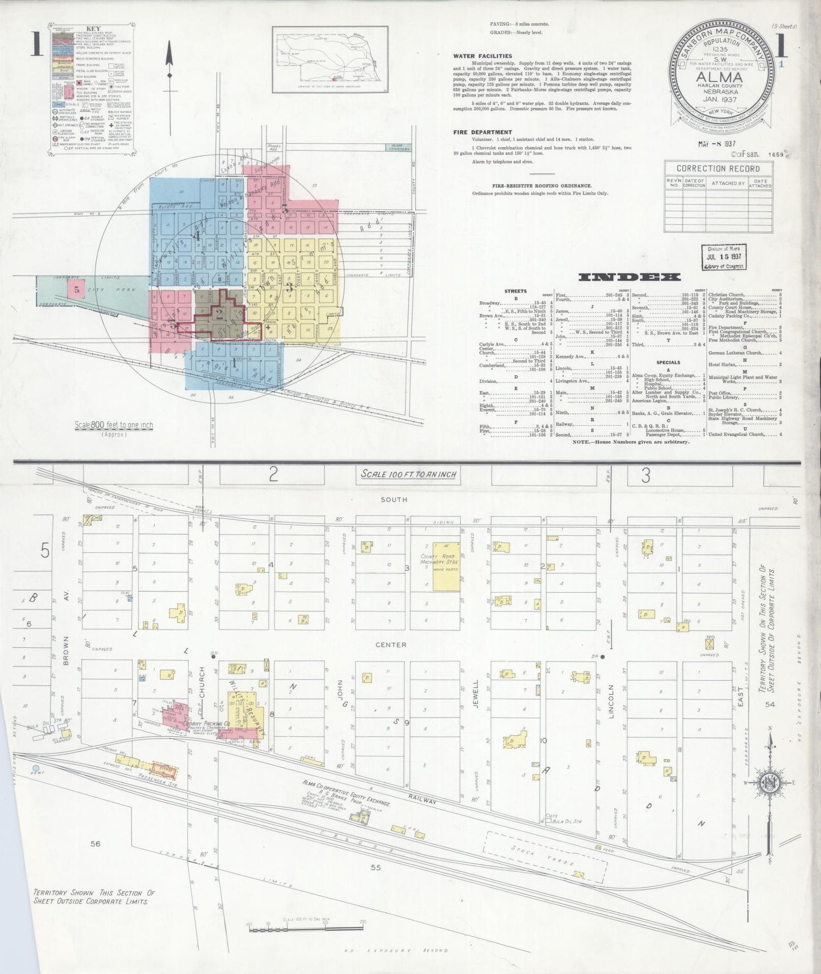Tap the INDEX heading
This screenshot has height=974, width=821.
[x=629, y=277]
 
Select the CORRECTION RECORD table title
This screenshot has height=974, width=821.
[x=718, y=168]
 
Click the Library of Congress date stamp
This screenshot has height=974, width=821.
[x=723, y=257]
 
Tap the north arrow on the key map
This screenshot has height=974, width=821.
[x=169, y=60]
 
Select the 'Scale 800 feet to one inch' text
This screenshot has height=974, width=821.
[x=114, y=425]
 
